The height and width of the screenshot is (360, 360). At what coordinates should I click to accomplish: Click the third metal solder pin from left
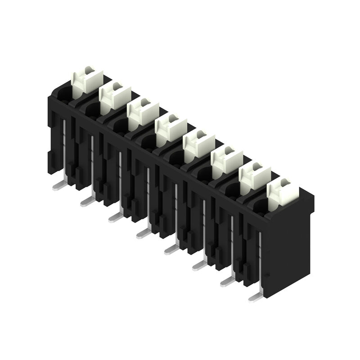pyautogui.click(x=115, y=216)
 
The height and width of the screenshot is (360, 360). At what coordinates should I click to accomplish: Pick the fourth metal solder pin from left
pyautogui.click(x=143, y=232)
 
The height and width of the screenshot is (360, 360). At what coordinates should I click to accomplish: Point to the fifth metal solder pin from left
pyautogui.click(x=171, y=248)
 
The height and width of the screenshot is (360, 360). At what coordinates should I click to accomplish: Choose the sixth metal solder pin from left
pyautogui.click(x=199, y=265)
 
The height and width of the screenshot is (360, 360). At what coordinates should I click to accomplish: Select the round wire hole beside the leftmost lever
pyautogui.click(x=64, y=94)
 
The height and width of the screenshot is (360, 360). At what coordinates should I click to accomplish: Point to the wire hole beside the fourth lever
pyautogui.click(x=148, y=143)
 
